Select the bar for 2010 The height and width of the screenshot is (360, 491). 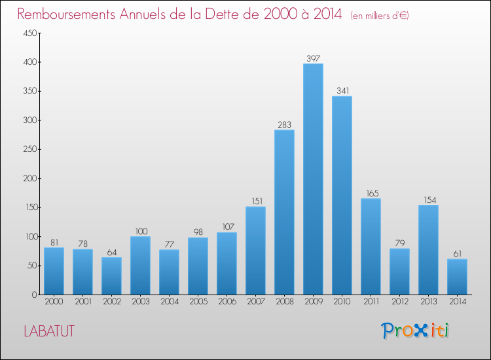click(342, 195)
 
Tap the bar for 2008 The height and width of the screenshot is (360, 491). click(284, 212)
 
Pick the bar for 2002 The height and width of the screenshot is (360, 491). click(111, 276)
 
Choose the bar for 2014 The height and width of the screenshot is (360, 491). click(457, 276)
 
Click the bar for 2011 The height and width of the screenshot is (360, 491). click(371, 246)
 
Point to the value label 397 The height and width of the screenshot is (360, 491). click(313, 59)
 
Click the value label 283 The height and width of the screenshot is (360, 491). click(284, 125)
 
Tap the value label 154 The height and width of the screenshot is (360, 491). click(428, 200)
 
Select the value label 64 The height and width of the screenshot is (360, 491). click(111, 253)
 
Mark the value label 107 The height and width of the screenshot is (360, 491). click(227, 227)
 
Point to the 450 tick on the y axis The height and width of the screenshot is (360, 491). click(30, 33)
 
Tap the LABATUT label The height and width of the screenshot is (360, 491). click(48, 331)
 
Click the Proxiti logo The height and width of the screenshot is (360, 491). click(415, 331)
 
